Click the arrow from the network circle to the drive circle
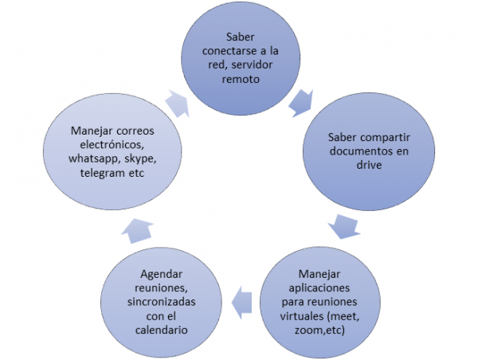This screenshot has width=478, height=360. coord(301,101)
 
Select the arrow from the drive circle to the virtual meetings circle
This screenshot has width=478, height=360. coord(344,226)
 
